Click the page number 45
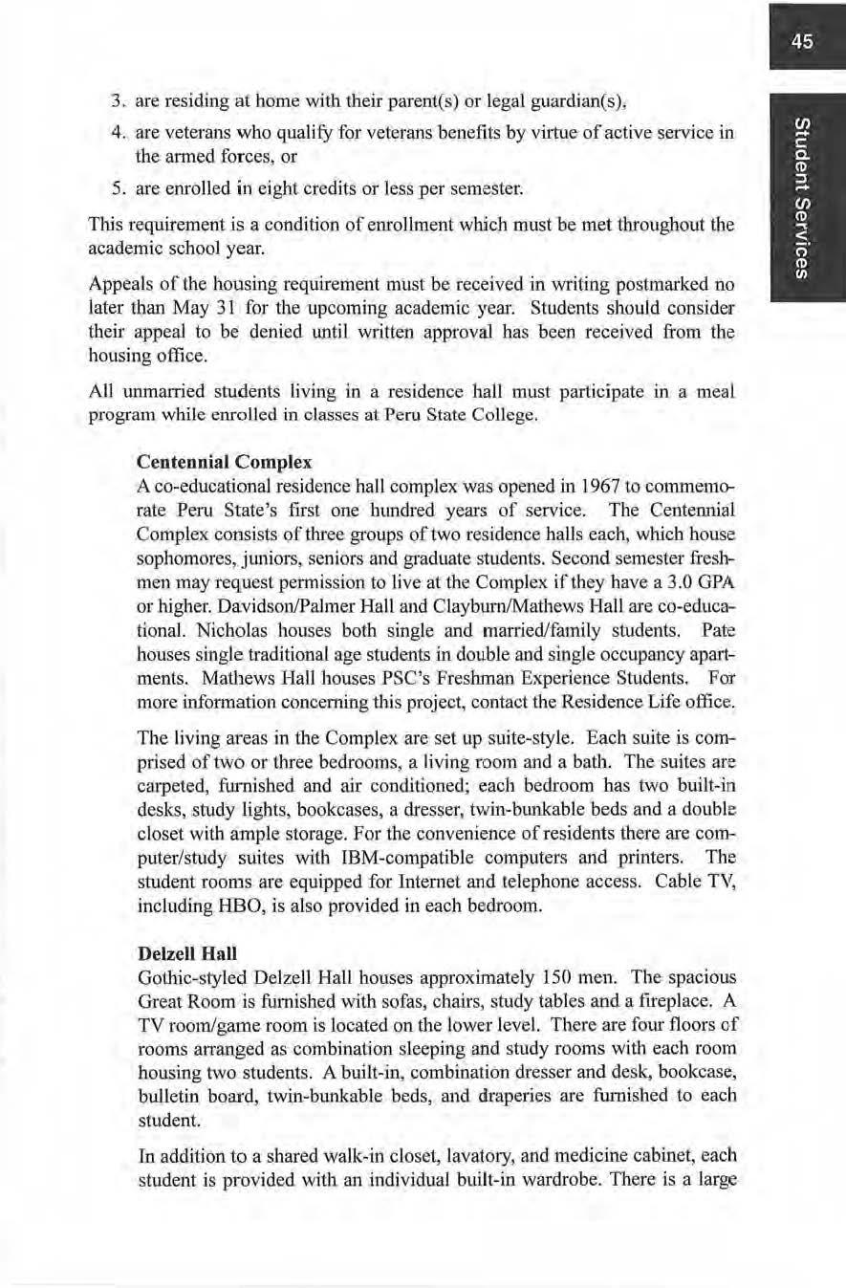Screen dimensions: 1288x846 pyautogui.click(x=802, y=41)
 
